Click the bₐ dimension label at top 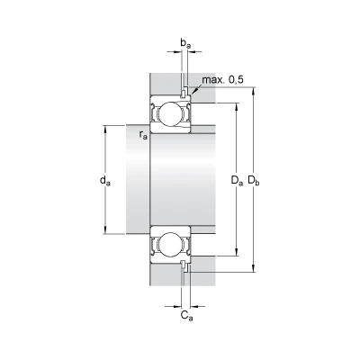185,44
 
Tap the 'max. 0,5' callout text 222,80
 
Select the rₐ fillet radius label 143,135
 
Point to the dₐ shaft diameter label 105,181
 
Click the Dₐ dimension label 237,181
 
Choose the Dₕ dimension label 254,181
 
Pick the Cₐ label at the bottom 187,316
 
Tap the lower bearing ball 170,244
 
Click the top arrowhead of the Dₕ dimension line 255,91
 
